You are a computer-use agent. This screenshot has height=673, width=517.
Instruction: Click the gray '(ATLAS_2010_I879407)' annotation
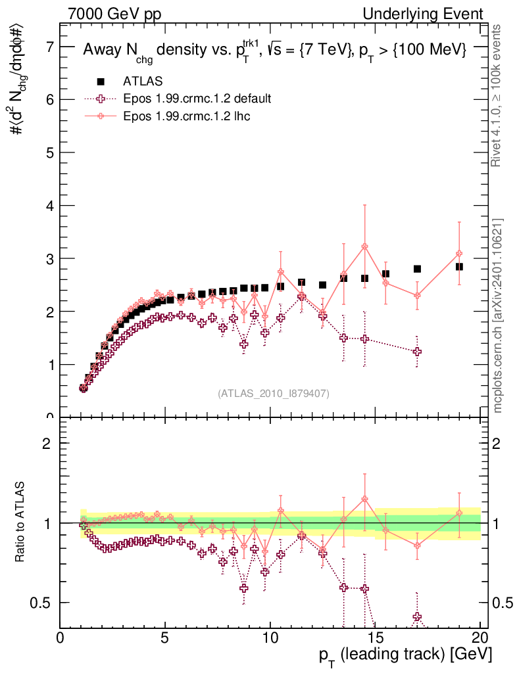coord(274,393)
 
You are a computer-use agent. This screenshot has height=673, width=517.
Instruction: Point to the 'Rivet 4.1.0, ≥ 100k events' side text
coord(498,95)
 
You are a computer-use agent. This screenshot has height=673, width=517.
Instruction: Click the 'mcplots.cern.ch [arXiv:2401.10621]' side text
coord(498,315)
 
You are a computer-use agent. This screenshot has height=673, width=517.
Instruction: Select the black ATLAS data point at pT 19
coord(459,267)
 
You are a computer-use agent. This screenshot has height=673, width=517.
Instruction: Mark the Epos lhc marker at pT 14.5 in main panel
coord(364,246)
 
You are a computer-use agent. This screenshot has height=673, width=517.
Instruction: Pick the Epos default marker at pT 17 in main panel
coord(417,352)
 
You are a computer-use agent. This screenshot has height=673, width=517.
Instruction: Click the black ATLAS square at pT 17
coord(417,269)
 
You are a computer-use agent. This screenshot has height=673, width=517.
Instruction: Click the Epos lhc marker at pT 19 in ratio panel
coord(459,513)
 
